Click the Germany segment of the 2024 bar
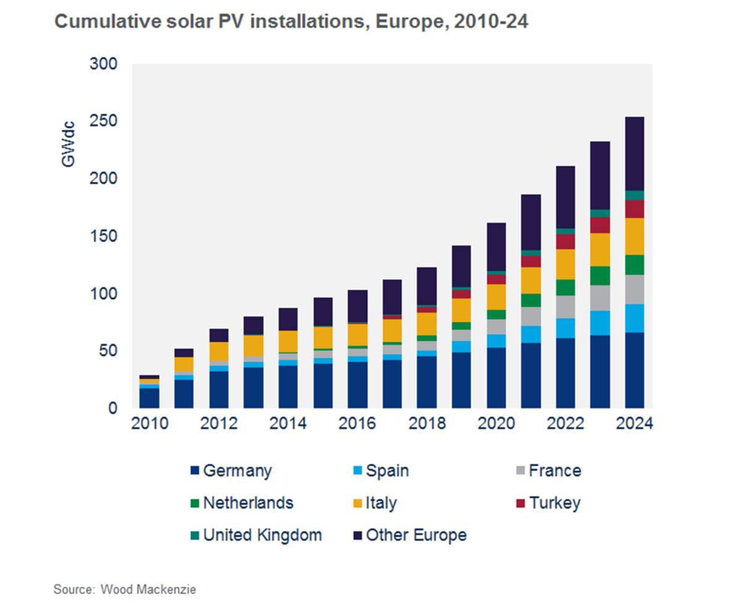(x=634, y=370)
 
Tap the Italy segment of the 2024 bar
(x=634, y=236)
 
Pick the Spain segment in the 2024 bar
(x=634, y=318)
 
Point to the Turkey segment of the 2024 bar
(x=634, y=209)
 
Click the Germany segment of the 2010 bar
(x=149, y=398)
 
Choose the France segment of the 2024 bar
(x=634, y=289)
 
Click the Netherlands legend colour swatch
(x=196, y=503)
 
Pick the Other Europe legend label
(x=416, y=535)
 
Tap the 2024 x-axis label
(x=634, y=425)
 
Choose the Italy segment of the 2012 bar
(x=218, y=351)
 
